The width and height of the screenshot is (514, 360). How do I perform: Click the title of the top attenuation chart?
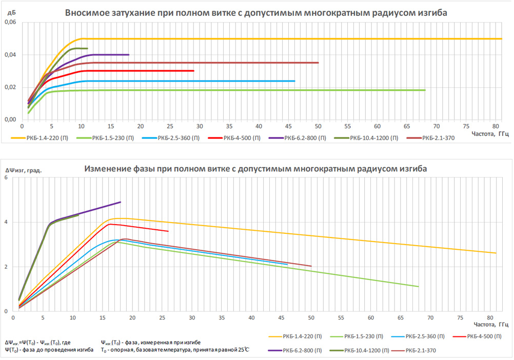pyautogui.click(x=256, y=13)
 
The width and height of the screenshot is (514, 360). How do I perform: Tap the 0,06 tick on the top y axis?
pyautogui.click(x=10, y=23)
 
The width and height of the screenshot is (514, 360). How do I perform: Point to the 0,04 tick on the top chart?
pyautogui.click(x=10, y=55)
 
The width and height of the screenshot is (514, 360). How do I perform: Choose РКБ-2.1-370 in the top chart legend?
pyautogui.click(x=439, y=138)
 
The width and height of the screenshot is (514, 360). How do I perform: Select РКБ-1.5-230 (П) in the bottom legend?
pyautogui.click(x=365, y=336)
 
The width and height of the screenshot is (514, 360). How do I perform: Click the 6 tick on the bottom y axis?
pyautogui.click(x=6, y=178)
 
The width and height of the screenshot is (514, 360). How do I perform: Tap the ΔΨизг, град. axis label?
pyautogui.click(x=23, y=170)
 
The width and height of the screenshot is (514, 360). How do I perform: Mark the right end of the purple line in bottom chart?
pyautogui.click(x=121, y=202)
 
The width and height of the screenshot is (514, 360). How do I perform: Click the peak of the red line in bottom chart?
pyautogui.click(x=110, y=224)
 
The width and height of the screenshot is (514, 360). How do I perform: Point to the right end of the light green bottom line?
pyautogui.click(x=419, y=286)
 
